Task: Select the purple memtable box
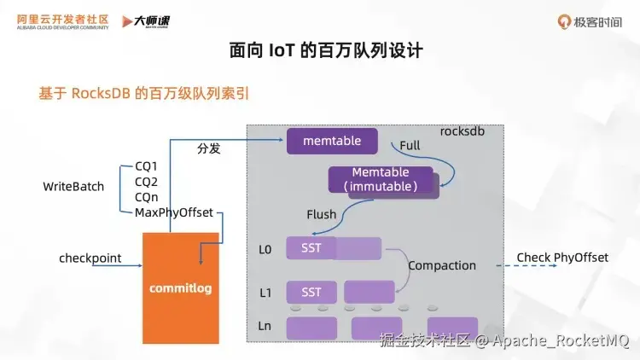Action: [x=332, y=141]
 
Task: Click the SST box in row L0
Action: [x=311, y=248]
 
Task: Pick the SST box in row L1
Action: [x=311, y=292]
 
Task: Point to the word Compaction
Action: [x=441, y=265]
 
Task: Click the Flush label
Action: [x=322, y=214]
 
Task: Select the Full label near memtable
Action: [x=410, y=145]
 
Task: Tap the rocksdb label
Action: [x=463, y=132]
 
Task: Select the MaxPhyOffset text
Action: [x=173, y=212]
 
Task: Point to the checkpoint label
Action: [x=90, y=258]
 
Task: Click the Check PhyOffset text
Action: [x=562, y=257]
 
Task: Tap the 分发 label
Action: [x=209, y=148]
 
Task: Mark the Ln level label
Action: [x=265, y=327]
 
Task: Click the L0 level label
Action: [x=265, y=249]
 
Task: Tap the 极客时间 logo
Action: [x=589, y=20]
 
